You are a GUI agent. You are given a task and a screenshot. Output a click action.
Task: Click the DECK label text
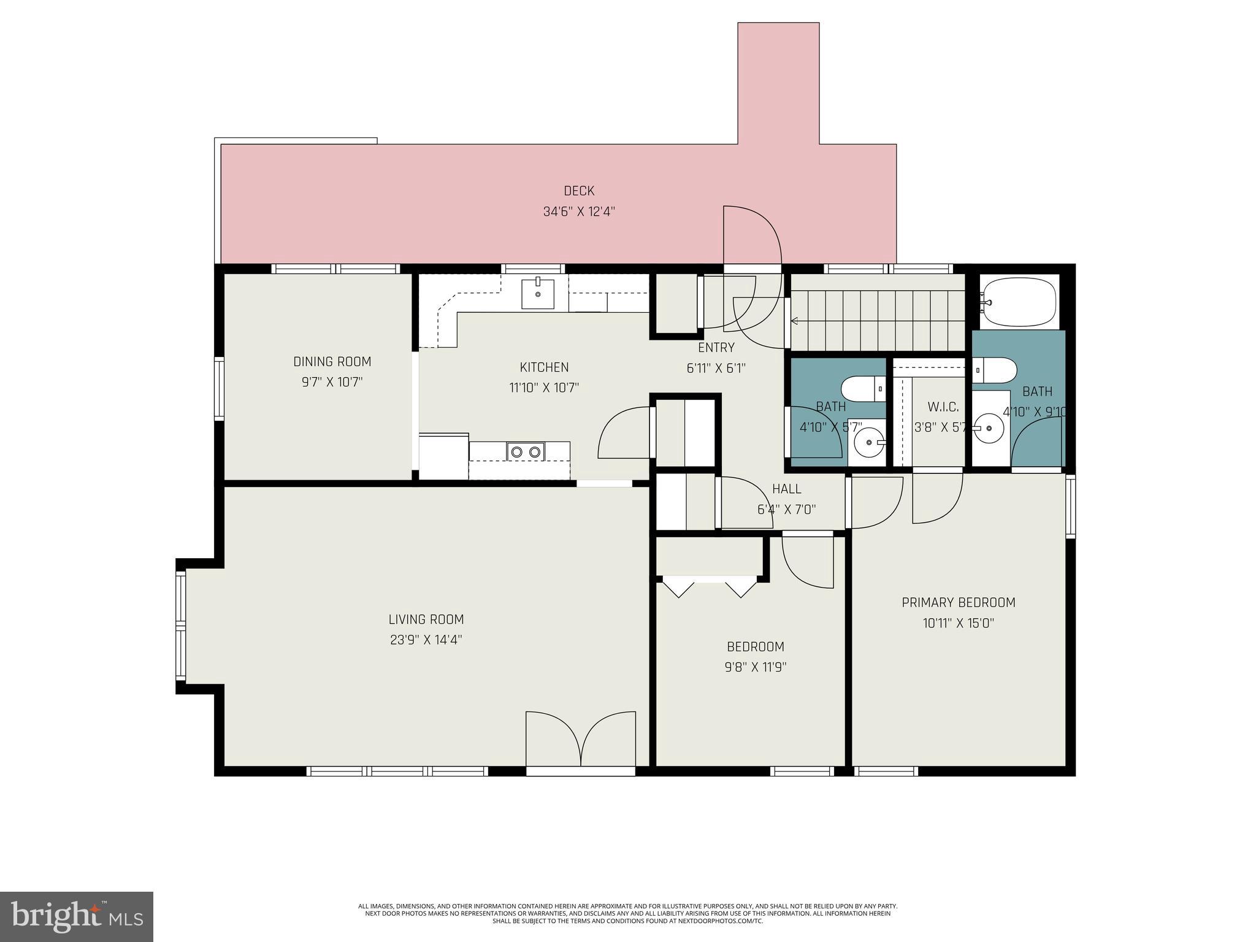point(579,191)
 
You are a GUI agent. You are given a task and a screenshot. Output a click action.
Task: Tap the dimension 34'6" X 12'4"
point(579,212)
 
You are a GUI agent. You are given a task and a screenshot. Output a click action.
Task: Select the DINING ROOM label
point(332,362)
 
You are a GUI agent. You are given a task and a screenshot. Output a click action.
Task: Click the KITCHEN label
point(544,367)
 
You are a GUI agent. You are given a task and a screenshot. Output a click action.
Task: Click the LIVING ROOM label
point(426,619)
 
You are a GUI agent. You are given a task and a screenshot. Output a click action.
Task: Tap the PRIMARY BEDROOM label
point(958,603)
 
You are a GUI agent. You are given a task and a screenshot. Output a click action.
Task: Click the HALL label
point(786,489)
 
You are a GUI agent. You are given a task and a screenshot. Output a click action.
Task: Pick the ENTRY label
point(716,348)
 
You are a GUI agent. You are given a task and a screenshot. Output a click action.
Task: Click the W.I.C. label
point(943,407)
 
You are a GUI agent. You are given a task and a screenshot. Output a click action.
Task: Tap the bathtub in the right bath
point(1019,302)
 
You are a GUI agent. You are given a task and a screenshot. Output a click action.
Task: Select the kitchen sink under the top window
point(538,294)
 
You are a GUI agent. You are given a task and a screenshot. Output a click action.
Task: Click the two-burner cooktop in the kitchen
point(526,451)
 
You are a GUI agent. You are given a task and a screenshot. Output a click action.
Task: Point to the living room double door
point(580,741)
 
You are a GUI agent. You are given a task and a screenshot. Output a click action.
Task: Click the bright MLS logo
point(76,917)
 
